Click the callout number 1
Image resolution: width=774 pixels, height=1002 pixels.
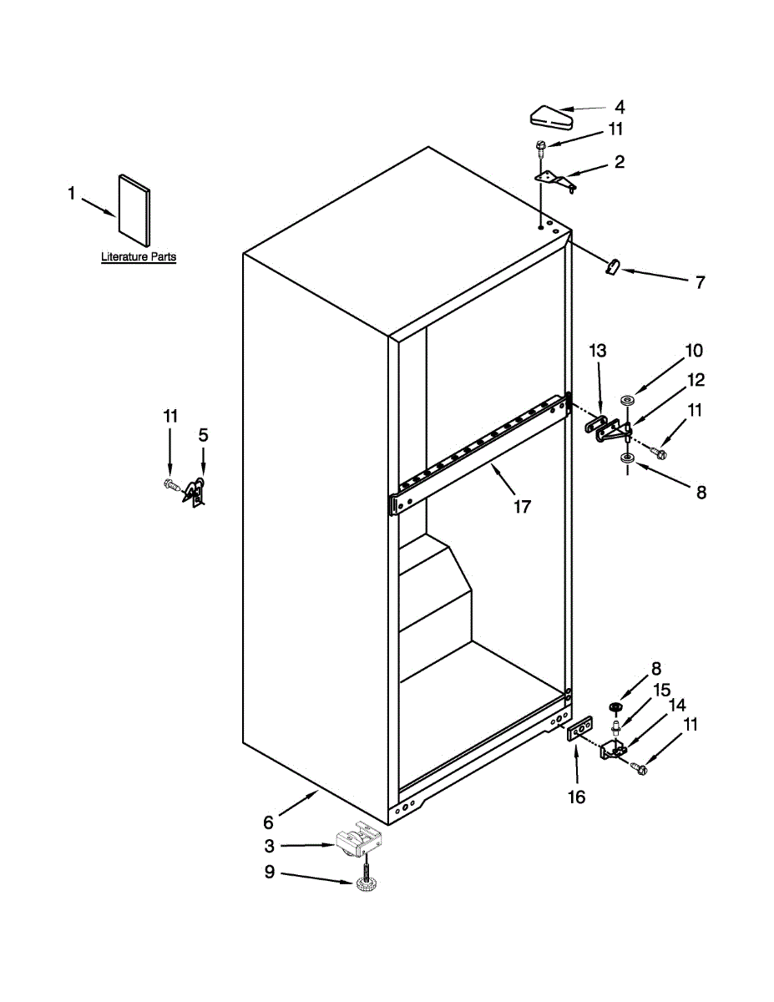tap(71, 194)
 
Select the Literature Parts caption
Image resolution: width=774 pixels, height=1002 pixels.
tap(139, 257)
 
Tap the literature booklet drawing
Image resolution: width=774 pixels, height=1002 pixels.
tap(134, 207)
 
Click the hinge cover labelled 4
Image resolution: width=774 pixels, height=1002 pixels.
tap(552, 115)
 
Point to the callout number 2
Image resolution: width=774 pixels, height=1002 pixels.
tap(619, 162)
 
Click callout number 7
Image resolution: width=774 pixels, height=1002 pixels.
tap(700, 282)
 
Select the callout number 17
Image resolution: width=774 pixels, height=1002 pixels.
tap(522, 506)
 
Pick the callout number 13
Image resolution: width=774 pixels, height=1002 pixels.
tap(599, 350)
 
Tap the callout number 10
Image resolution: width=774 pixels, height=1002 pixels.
tap(694, 350)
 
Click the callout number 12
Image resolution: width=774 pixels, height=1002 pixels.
tap(696, 380)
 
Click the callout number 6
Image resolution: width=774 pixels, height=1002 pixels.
tap(269, 822)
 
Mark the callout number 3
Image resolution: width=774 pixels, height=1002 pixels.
tap(269, 846)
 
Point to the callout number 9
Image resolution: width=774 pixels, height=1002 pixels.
tap(269, 873)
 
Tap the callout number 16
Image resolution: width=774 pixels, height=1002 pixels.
tap(577, 797)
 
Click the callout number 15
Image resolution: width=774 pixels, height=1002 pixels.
tap(661, 691)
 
